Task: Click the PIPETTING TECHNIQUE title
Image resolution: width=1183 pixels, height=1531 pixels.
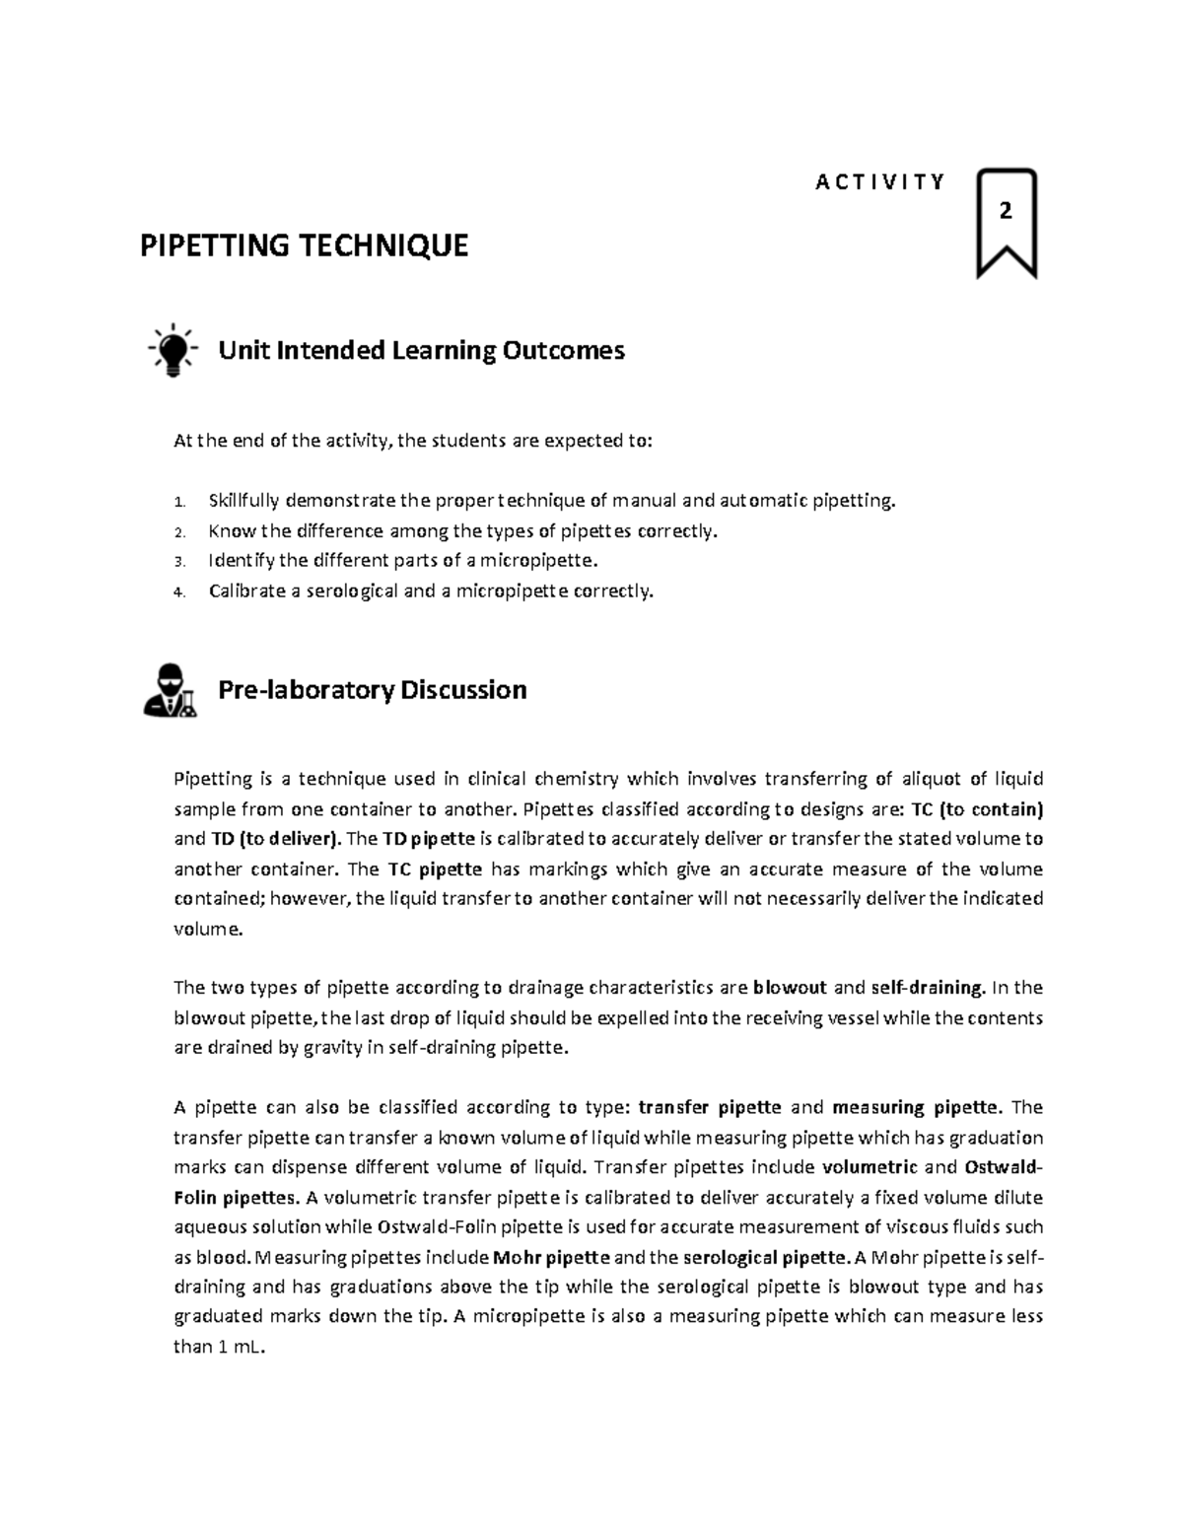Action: [x=304, y=245]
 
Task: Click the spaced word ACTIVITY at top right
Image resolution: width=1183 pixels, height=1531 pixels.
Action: [x=880, y=181]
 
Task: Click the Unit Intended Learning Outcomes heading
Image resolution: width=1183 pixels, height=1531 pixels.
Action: [x=421, y=350]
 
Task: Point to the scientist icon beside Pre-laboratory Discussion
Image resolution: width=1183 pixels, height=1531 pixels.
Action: [x=170, y=689]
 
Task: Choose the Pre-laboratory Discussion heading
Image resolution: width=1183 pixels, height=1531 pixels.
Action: [x=372, y=689]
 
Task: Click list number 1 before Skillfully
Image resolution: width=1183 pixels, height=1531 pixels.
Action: [x=178, y=502]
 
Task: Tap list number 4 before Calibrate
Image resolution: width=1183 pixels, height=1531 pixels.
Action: [x=178, y=592]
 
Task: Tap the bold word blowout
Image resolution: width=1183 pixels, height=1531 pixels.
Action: [x=789, y=988]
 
